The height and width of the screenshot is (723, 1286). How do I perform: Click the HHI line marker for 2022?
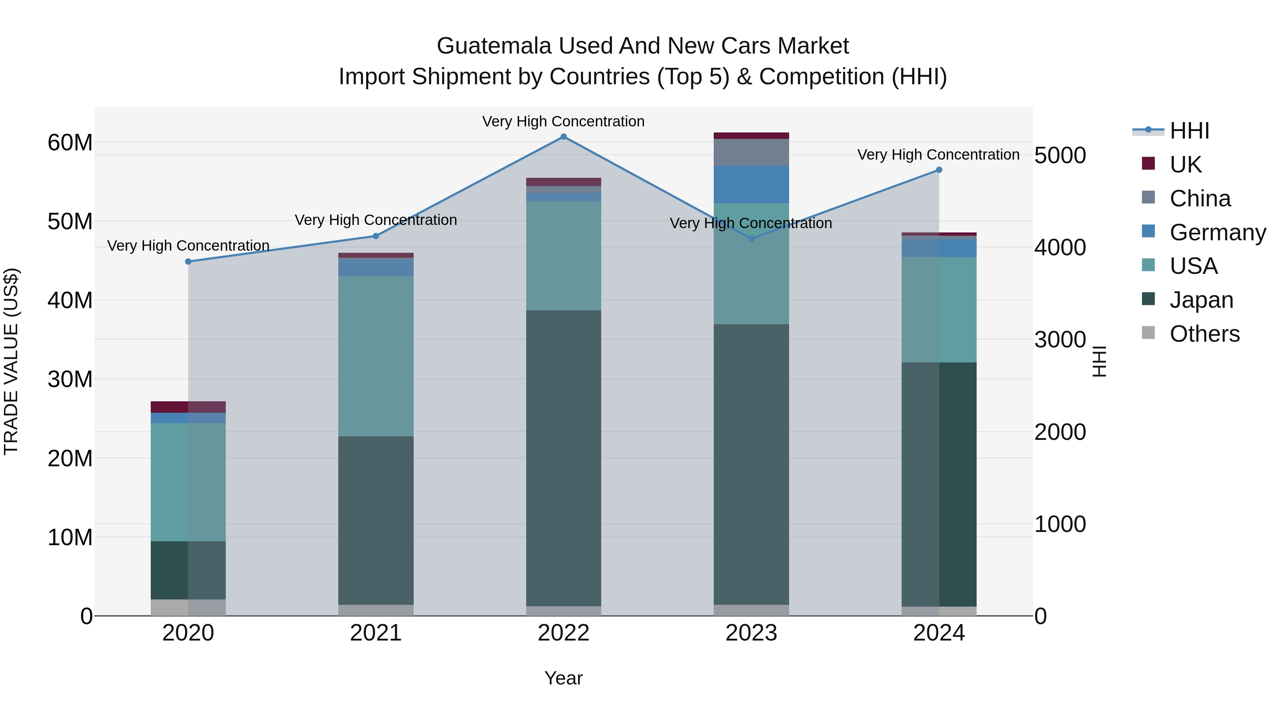coord(564,137)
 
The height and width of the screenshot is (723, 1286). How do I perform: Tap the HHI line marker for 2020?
coord(188,261)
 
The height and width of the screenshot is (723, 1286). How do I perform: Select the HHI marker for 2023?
coord(751,239)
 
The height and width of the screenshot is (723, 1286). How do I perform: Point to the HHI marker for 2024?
coord(939,170)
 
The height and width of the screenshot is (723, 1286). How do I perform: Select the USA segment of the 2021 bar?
coord(376,356)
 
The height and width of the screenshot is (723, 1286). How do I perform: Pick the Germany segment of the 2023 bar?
coord(751,184)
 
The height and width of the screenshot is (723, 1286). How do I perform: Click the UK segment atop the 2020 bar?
coord(188,407)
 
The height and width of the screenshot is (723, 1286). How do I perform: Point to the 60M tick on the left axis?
coord(70,143)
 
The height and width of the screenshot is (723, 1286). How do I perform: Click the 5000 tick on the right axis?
coord(1060,155)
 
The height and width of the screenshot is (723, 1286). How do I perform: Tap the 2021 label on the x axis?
coord(376,633)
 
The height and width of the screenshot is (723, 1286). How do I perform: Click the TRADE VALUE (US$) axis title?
coord(11,361)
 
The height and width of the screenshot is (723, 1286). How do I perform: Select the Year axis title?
coord(564,678)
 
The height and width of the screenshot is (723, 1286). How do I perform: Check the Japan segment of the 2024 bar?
coord(939,484)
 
